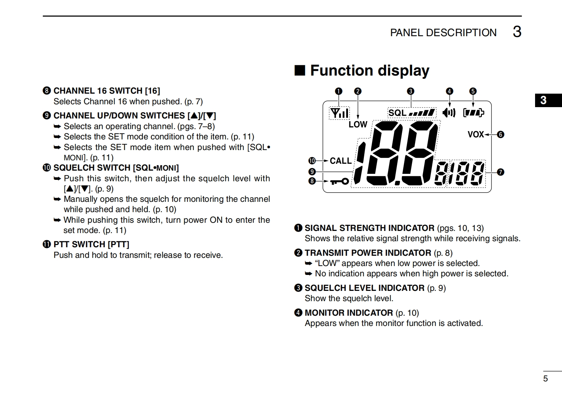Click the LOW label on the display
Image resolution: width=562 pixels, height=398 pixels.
tap(358, 125)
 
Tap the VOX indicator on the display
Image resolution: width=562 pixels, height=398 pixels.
tap(476, 134)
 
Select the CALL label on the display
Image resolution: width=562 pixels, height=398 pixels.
tap(341, 161)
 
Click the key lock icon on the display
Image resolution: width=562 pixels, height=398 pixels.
tap(339, 182)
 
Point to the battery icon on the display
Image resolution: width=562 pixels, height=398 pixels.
tap(473, 113)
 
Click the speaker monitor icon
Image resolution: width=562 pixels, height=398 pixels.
tap(449, 113)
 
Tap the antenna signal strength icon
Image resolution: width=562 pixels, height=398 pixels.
tap(339, 113)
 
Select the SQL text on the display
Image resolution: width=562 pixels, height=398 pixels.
tap(397, 113)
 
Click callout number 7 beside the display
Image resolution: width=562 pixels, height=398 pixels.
tap(500, 172)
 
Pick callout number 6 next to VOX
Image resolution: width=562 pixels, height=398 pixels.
tap(500, 134)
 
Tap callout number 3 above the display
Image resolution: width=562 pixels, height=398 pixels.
tap(410, 91)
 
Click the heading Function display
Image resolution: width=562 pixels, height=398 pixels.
tap(370, 71)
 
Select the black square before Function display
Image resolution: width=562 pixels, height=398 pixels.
tap(300, 71)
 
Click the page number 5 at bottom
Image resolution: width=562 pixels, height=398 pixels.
tap(545, 378)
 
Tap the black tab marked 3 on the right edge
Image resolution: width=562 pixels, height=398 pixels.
tap(548, 100)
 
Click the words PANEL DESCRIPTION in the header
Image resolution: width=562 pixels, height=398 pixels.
tap(443, 33)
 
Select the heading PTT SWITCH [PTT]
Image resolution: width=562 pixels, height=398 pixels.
tap(91, 244)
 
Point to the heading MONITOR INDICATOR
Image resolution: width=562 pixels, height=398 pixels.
tap(349, 313)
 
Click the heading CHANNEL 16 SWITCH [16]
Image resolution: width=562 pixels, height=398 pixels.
tap(107, 91)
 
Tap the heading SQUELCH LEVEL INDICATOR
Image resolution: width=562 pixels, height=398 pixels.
tap(364, 288)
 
